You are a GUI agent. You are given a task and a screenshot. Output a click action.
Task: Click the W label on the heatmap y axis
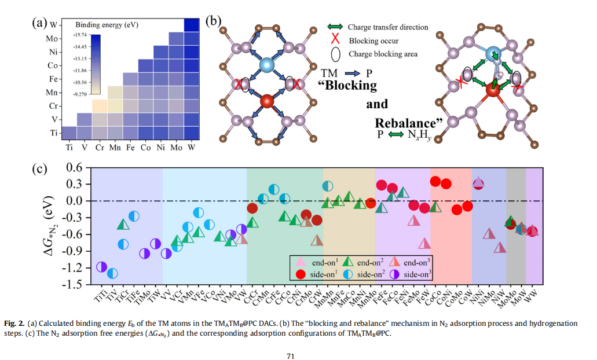53,25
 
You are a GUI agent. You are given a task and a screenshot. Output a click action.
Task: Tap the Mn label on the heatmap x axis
115,148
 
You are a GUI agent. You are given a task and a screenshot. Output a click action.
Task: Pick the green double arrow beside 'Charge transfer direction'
334,27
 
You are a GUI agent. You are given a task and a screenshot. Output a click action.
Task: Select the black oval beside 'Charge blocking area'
334,54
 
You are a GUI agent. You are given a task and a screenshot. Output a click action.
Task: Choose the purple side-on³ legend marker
395,274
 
